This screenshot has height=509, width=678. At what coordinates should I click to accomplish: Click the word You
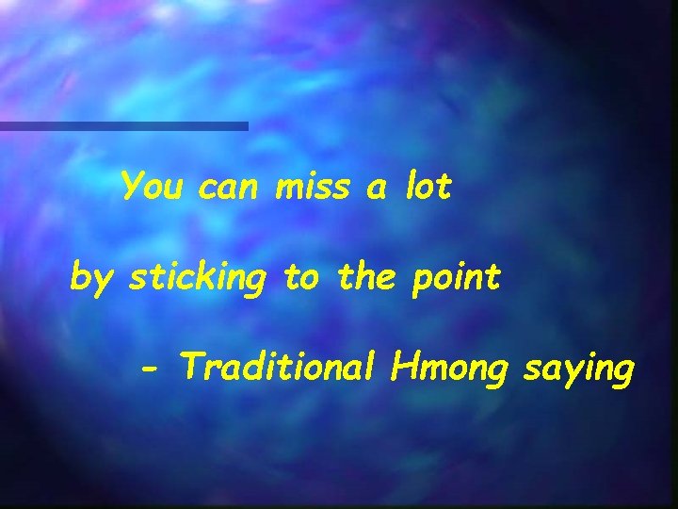tap(153, 187)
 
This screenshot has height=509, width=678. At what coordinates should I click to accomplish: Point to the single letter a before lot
tap(376, 190)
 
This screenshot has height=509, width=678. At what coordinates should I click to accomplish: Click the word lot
tap(428, 188)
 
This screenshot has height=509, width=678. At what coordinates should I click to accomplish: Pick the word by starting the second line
tap(92, 280)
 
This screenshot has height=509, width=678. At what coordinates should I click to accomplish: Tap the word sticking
tap(198, 279)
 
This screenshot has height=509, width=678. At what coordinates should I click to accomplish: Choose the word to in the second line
tap(301, 278)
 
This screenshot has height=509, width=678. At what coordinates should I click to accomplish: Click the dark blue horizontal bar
tap(123, 125)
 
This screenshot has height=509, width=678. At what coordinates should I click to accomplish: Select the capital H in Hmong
tap(406, 364)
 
